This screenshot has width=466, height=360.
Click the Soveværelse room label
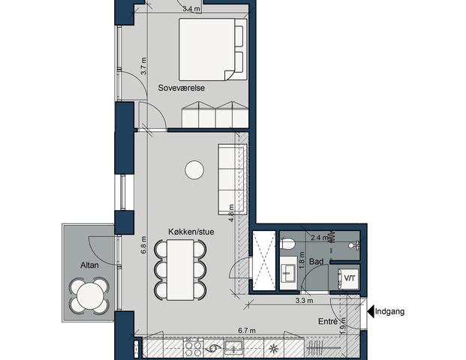pos(182,88)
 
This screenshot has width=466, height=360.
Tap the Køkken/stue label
pos(191,232)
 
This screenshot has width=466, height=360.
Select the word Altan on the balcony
pos(91,265)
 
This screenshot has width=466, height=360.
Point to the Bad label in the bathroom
pos(316,262)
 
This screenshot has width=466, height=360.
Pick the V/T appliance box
pos(349,278)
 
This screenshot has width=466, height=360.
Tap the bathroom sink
pos(288,272)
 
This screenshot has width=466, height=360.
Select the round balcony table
pos(90,295)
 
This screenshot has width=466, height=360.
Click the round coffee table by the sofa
pos(194,171)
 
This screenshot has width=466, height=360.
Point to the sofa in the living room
pos(231,177)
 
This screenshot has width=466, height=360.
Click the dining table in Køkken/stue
pos(182,269)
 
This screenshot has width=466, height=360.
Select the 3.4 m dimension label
pos(191,10)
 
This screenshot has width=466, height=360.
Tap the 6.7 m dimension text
pos(247,331)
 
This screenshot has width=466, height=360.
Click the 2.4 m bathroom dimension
pos(318,238)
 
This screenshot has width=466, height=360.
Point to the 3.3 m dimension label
pos(303,301)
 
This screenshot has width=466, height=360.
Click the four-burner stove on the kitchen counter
pos(192,349)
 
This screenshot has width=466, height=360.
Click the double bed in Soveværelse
pos(212,49)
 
